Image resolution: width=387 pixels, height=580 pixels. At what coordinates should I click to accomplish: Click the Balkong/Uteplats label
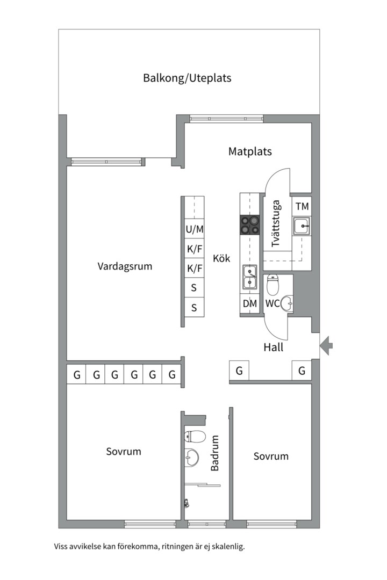click(x=187, y=78)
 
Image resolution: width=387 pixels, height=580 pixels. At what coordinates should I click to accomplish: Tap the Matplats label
click(x=250, y=151)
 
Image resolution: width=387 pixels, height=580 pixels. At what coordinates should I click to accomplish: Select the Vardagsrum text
click(x=125, y=266)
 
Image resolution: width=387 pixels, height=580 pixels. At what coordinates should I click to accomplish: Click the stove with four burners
click(x=249, y=224)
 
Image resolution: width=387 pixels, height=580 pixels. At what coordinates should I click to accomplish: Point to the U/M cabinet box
click(x=195, y=229)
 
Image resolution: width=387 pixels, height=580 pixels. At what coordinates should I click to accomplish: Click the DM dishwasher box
click(x=249, y=303)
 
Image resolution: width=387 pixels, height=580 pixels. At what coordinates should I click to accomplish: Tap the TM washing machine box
click(x=302, y=206)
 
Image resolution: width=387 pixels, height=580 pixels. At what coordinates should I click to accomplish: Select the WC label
click(x=272, y=303)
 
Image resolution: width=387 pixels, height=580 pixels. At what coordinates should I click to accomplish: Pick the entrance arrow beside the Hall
click(x=326, y=345)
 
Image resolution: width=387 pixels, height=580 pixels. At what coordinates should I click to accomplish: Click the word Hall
click(x=273, y=347)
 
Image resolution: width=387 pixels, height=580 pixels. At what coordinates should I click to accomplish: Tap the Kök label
click(x=221, y=258)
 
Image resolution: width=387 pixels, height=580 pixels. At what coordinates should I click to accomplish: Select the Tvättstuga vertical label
click(x=276, y=223)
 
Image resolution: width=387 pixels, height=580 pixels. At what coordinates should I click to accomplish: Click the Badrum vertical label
click(x=215, y=453)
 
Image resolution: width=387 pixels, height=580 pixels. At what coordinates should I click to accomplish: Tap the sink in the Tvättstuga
click(x=302, y=226)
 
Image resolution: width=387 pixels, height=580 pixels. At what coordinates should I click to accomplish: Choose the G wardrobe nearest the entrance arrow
click(x=302, y=371)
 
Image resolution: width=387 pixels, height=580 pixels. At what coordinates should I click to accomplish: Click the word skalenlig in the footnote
click(x=226, y=547)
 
